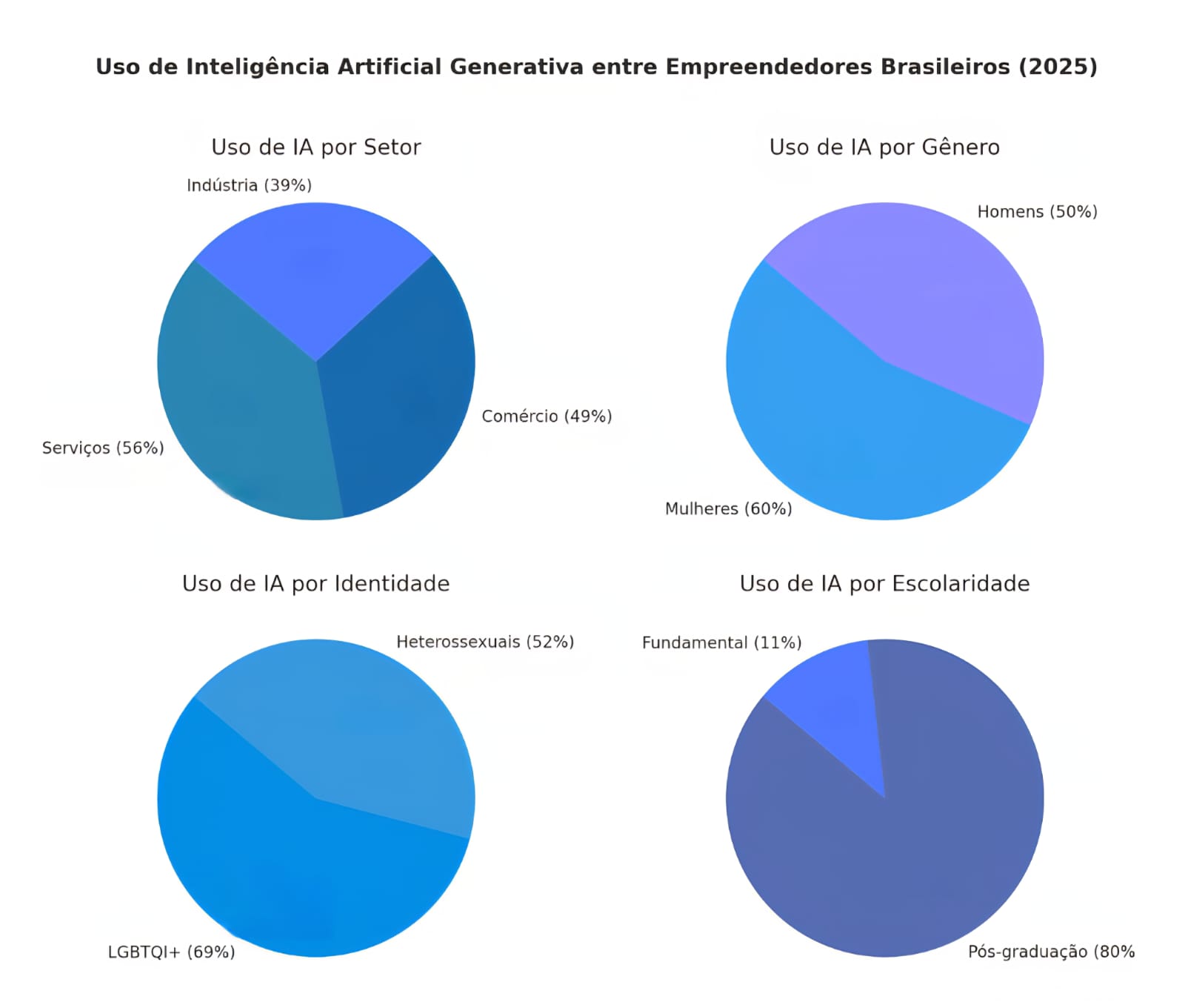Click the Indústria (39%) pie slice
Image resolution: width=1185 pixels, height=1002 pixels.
(315, 274)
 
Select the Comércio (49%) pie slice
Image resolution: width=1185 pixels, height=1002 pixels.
(400, 393)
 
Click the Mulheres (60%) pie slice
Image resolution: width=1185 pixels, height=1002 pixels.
(852, 430)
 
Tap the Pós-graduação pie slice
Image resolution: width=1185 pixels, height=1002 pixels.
(911, 852)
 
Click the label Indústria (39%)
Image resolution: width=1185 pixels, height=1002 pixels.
(249, 185)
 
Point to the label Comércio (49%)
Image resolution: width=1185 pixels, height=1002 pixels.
(547, 417)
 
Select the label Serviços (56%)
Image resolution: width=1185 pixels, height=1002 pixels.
(103, 448)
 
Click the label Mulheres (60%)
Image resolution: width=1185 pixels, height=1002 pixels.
(728, 509)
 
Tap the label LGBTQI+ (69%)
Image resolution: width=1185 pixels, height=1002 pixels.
(171, 952)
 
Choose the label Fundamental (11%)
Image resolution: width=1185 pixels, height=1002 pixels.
(721, 643)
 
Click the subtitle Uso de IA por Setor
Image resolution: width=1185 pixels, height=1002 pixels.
(316, 147)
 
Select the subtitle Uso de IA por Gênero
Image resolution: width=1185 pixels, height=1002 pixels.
(884, 147)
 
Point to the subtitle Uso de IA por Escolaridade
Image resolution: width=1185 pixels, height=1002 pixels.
(884, 584)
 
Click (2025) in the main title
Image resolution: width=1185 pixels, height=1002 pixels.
(1058, 67)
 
